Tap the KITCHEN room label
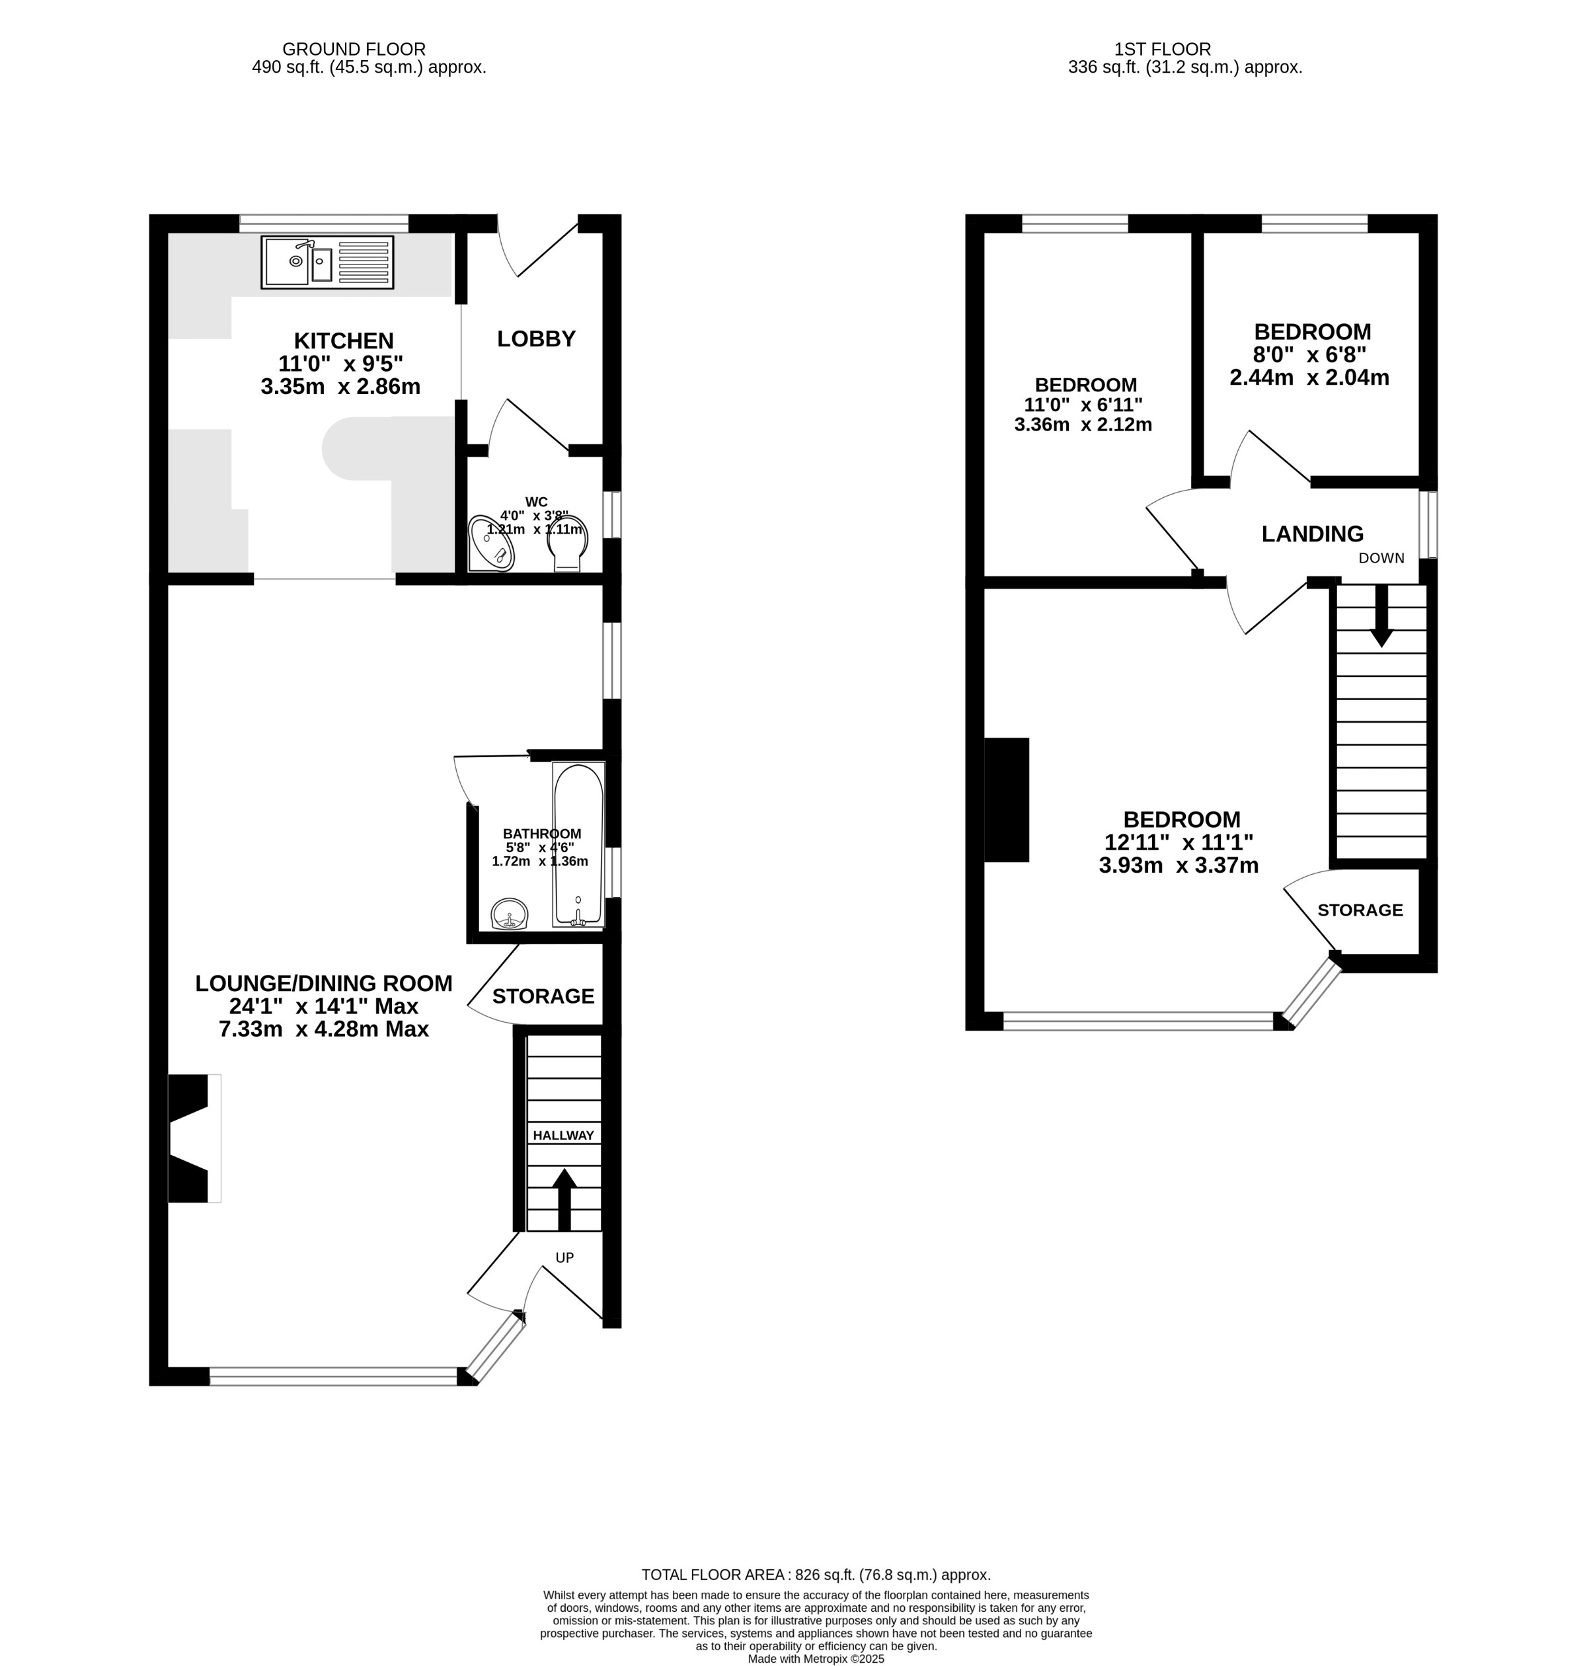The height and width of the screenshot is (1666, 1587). click(344, 341)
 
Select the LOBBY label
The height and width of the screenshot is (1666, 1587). click(535, 339)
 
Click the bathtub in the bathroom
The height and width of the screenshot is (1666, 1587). click(578, 844)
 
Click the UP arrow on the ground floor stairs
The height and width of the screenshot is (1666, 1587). click(564, 1199)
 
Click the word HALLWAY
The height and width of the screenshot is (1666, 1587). click(563, 1136)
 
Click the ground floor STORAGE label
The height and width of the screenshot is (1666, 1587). click(543, 997)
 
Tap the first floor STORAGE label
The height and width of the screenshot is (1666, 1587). click(1360, 910)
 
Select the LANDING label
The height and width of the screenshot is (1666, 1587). click(1312, 534)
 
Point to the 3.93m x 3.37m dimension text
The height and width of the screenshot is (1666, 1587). click(1179, 865)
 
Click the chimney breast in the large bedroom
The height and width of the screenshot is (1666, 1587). click(1007, 799)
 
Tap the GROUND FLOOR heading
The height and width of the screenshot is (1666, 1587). click(354, 49)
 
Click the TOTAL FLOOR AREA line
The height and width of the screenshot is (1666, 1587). click(816, 1575)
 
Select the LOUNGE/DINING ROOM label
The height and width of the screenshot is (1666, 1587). click(324, 983)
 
